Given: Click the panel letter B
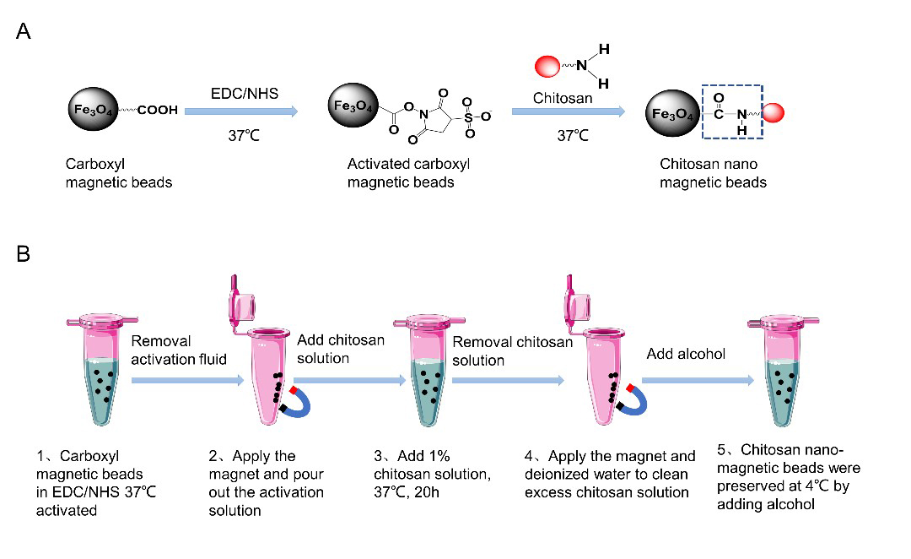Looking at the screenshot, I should coord(24,253).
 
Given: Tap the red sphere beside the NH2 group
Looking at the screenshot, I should coord(547,64).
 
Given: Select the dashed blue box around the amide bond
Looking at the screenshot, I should coord(732,114).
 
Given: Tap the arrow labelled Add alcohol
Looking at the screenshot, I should coord(698,381).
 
